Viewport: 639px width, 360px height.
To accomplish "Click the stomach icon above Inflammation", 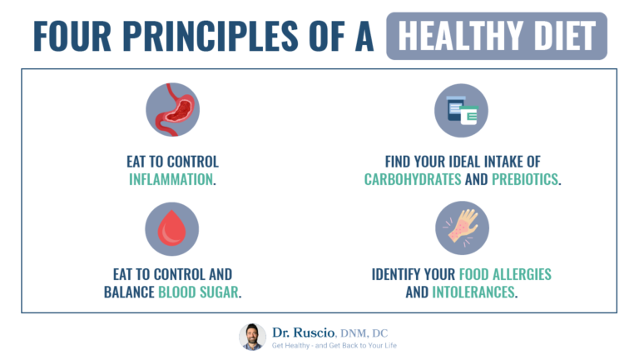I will pos(172,110).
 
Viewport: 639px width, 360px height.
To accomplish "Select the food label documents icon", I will pos(462,110).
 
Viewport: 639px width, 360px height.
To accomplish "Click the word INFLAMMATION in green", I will pos(171,179).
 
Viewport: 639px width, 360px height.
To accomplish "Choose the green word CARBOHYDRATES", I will pos(413,179).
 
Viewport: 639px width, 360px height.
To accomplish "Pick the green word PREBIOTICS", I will pos(521,179).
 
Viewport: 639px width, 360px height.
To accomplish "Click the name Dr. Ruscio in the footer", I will pos(305,331).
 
